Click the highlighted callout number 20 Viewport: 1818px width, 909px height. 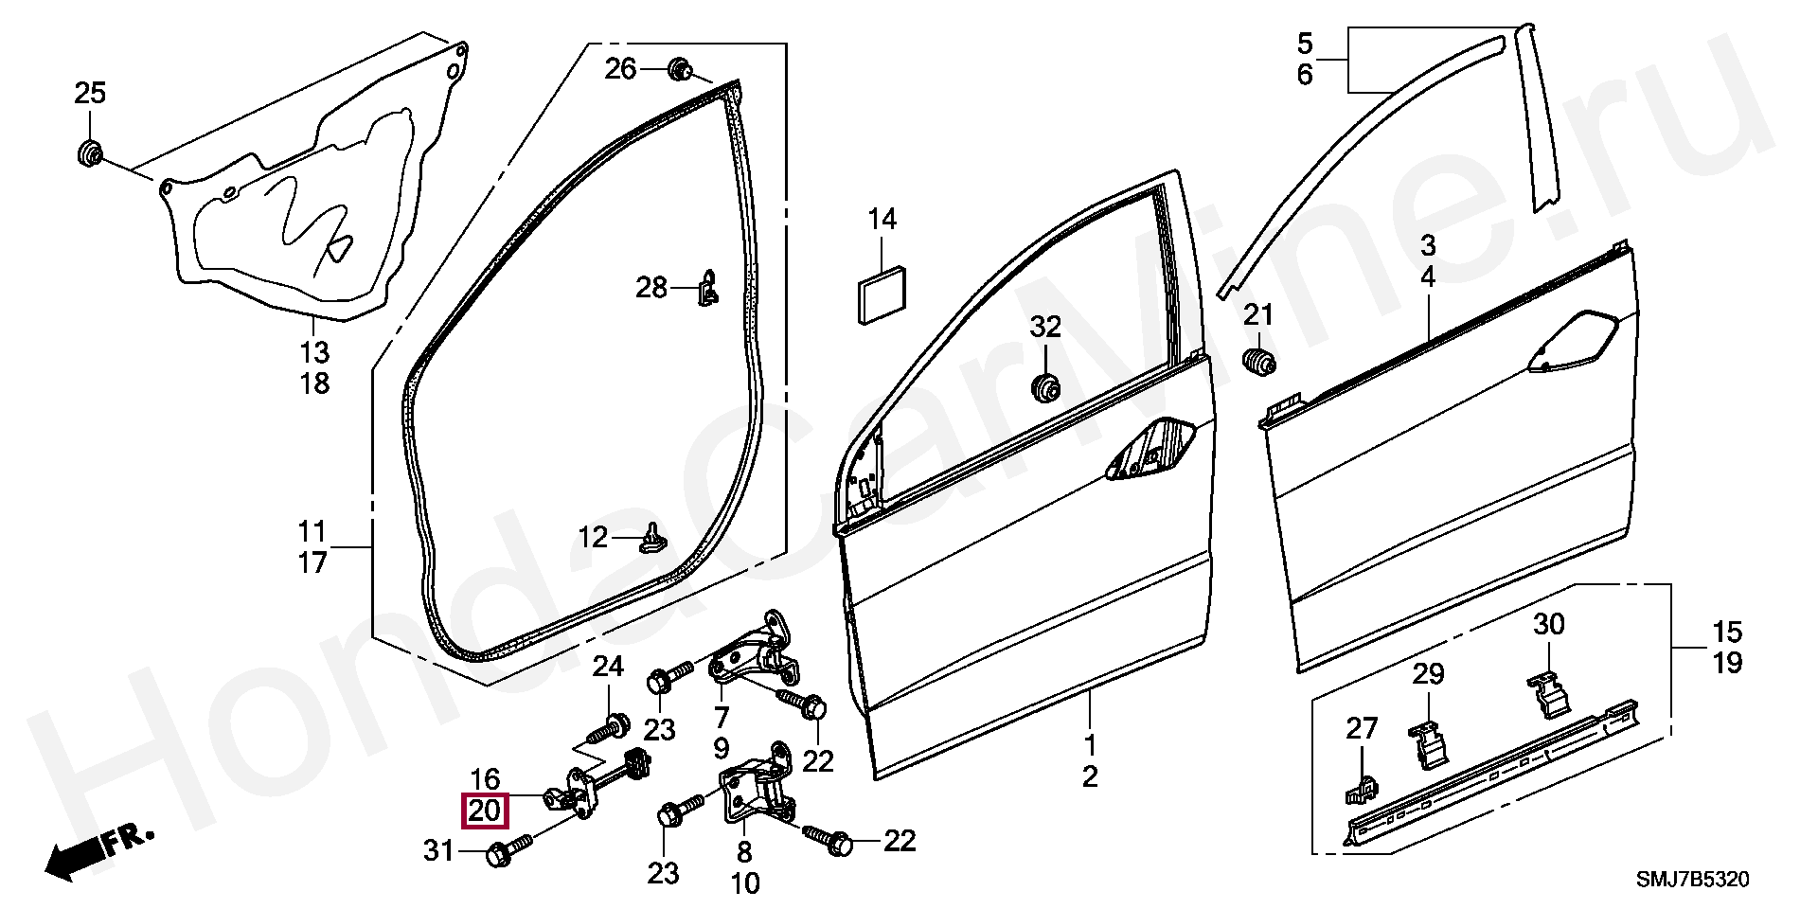[484, 811]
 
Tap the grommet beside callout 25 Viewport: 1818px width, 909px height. [89, 153]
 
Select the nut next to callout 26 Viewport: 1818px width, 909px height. [678, 69]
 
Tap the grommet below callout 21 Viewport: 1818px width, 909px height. [1257, 363]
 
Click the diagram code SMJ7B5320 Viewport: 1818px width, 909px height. [1693, 881]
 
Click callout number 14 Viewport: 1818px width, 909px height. [882, 220]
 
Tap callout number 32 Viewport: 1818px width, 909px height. [1045, 327]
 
